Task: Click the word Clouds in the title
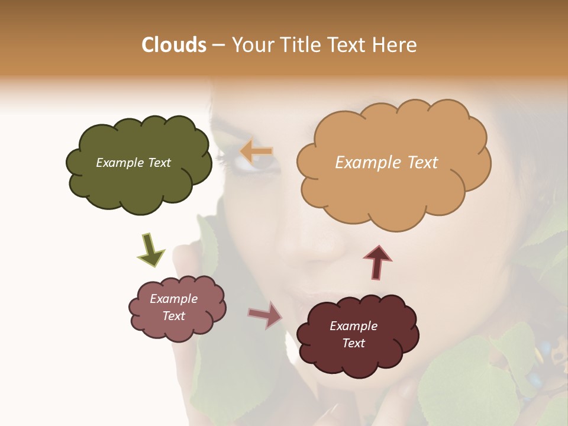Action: click(174, 45)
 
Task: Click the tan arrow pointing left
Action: click(256, 151)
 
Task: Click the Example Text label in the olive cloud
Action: click(133, 163)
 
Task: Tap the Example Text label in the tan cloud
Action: click(386, 163)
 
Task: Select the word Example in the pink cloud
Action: click(173, 299)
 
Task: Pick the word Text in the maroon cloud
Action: click(353, 343)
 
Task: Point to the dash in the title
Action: click(218, 46)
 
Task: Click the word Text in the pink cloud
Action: click(173, 316)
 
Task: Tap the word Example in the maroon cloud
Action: click(353, 326)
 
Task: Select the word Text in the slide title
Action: click(347, 45)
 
